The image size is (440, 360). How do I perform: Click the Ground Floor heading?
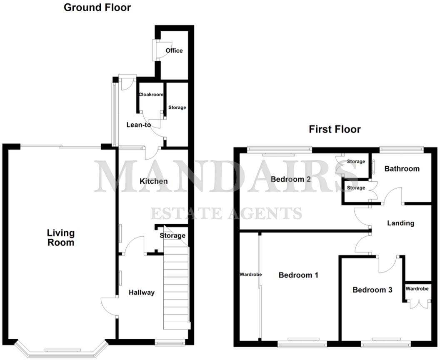97,7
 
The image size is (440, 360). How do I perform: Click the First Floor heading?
335,129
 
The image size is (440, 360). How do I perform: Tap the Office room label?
174,50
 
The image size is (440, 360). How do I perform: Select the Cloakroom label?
151,95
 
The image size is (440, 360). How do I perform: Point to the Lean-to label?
138,125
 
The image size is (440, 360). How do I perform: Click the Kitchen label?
153,181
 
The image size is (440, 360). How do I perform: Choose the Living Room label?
60,237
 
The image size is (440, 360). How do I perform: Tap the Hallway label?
141,292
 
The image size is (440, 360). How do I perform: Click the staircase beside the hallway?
176,287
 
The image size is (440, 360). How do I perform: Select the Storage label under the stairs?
172,236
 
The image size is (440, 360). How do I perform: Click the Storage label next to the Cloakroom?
177,107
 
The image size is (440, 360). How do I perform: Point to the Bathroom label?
402,169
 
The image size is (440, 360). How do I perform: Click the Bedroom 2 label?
291,179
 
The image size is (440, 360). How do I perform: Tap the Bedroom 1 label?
298,275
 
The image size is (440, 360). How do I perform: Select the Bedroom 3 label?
372,290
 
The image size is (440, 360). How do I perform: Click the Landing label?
400,223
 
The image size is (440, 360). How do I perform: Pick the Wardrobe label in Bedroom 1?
250,275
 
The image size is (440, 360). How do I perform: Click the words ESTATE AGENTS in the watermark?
226,213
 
